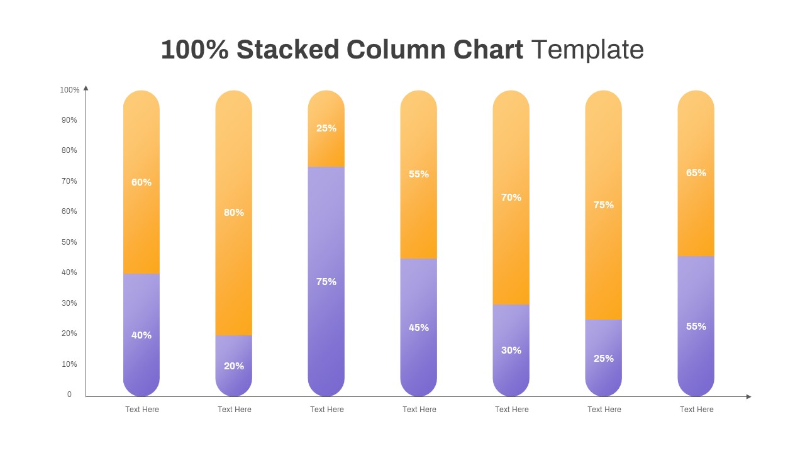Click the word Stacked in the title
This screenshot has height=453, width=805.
click(287, 50)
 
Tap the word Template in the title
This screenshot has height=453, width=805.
click(587, 50)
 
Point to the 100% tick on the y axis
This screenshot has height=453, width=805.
click(70, 90)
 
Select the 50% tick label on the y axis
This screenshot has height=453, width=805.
click(70, 242)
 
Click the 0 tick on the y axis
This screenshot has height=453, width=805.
click(70, 394)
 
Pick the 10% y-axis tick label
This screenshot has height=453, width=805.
click(70, 364)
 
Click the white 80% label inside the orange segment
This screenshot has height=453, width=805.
click(234, 213)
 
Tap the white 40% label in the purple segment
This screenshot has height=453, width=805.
click(142, 335)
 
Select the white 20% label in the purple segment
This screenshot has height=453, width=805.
click(234, 366)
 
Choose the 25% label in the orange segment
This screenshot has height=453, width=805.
click(326, 128)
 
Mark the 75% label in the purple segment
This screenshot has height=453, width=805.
click(326, 282)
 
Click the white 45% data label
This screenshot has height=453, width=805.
click(419, 328)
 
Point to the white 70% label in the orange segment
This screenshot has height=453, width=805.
click(511, 198)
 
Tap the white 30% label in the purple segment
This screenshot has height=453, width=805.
click(511, 350)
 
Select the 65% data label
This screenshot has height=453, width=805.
click(696, 173)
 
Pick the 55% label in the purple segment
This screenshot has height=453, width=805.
click(696, 327)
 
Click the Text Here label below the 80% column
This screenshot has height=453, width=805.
click(235, 410)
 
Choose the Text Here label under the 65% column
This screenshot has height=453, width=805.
click(697, 410)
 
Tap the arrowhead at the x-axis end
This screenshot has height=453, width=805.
click(748, 396)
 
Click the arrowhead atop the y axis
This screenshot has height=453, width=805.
click(86, 88)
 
